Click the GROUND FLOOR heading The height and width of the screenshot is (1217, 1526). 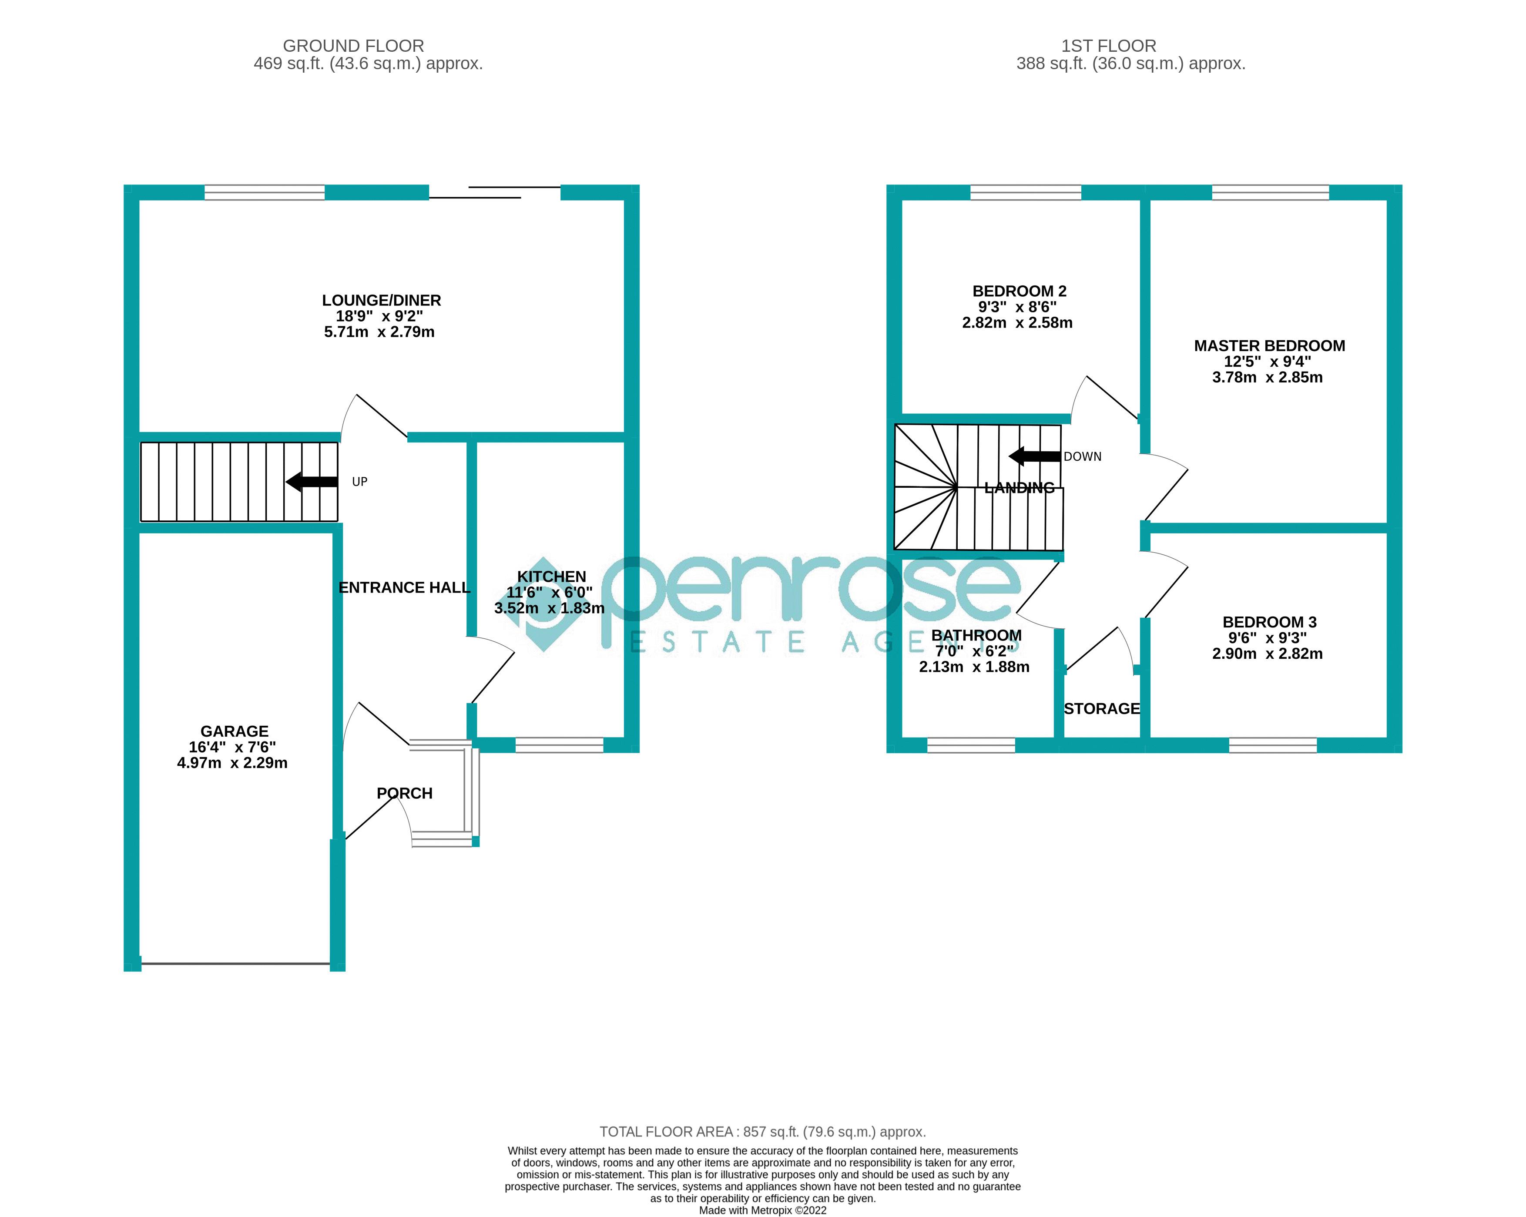coord(353,46)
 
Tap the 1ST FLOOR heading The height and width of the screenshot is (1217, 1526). coord(1108,46)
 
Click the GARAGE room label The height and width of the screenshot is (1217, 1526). coord(234,731)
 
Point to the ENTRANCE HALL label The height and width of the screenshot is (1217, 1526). coord(404,587)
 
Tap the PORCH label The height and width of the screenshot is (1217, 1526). coord(404,793)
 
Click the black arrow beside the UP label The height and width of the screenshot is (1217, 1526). coord(312,482)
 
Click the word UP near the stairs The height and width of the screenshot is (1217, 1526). coord(359,482)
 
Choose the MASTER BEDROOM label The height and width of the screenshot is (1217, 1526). coord(1269,346)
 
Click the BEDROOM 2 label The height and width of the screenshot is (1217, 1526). coord(1019,291)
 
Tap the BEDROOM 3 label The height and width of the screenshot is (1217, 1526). coord(1269,622)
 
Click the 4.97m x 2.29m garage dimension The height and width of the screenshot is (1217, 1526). coord(232,763)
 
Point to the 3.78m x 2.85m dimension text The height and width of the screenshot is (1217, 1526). coord(1267,377)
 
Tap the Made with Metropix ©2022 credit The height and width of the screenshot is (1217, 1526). coord(762,1210)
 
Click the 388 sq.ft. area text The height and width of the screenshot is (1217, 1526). coord(1130,64)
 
